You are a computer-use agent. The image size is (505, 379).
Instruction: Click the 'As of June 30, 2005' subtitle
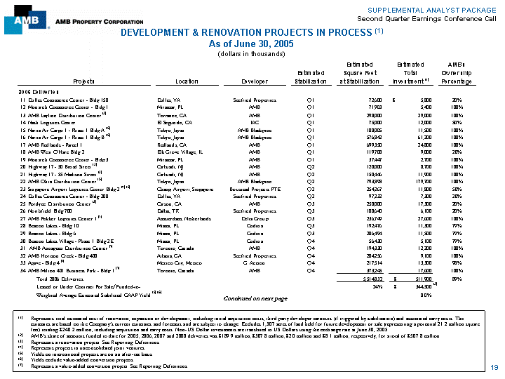[252, 44]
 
